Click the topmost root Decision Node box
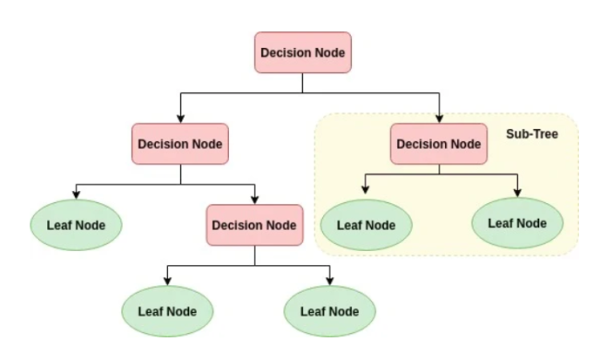click(x=303, y=53)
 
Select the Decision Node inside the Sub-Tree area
click(x=438, y=144)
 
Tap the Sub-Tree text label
click(x=532, y=135)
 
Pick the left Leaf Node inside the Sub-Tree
click(x=366, y=223)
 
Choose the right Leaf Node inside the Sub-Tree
click(x=517, y=222)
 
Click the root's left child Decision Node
click(x=181, y=144)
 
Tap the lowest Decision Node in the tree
click(x=254, y=224)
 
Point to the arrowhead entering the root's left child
click(x=181, y=119)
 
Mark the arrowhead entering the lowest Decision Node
click(x=254, y=200)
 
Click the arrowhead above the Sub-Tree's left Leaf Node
click(x=366, y=190)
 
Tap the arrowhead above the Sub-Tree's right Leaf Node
click(x=517, y=190)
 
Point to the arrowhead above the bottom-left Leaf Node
click(x=166, y=280)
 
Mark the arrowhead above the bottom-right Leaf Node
click(x=330, y=280)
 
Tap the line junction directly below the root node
click(x=303, y=92)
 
